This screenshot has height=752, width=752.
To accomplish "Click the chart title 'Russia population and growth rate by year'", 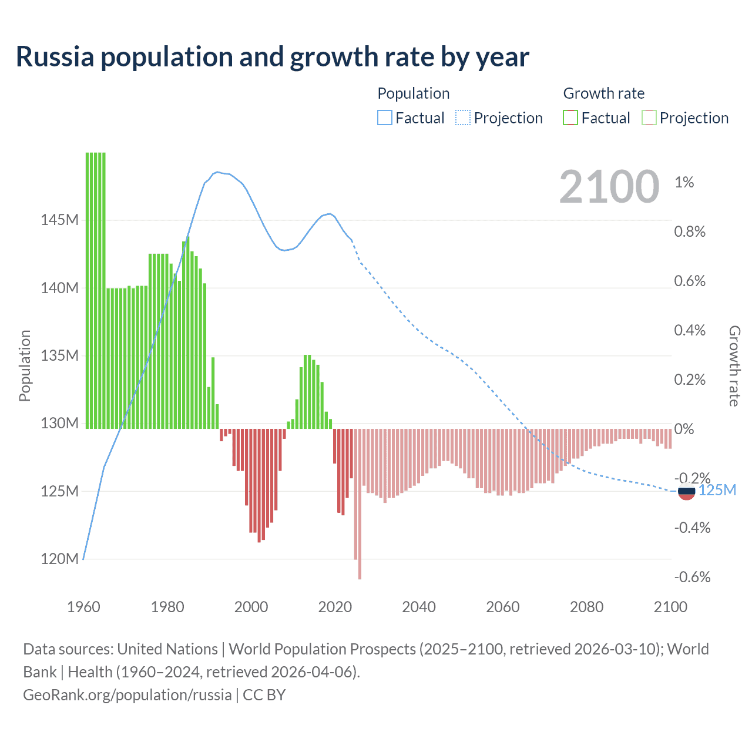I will (273, 57).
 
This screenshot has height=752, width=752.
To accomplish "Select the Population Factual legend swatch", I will (384, 117).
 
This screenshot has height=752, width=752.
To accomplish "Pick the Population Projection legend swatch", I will (463, 117).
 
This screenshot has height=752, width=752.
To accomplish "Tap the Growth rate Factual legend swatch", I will (570, 117).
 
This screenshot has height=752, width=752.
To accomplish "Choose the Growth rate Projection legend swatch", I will (649, 117).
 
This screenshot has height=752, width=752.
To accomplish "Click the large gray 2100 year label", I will (609, 187).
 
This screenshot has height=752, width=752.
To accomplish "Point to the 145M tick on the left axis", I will (59, 220).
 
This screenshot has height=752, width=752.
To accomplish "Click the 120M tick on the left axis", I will (59, 559).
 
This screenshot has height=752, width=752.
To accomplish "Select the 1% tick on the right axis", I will (684, 182).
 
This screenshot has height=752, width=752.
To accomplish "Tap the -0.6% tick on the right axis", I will (692, 577).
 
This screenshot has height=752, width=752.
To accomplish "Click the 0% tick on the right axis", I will (684, 429).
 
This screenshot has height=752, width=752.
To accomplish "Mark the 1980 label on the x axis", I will (167, 607).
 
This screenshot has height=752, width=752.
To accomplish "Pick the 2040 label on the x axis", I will (419, 607).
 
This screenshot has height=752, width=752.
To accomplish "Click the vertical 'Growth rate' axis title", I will (734, 366).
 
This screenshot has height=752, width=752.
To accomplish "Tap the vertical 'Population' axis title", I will (25, 365).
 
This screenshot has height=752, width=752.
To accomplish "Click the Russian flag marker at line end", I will (686, 491).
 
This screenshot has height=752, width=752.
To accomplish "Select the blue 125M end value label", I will (717, 491).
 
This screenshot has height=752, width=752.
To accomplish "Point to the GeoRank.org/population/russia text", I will (127, 695).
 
